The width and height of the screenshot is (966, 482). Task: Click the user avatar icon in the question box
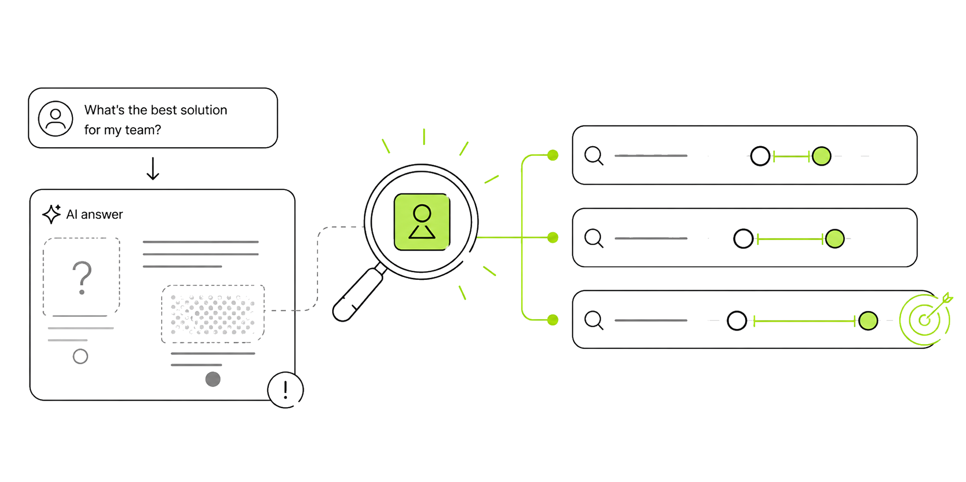(x=55, y=118)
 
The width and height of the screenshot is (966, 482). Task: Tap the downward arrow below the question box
(x=153, y=169)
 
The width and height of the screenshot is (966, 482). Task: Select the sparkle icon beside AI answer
(x=52, y=214)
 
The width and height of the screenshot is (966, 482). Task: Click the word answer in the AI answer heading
(x=102, y=215)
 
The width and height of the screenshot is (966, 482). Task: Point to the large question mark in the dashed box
(x=82, y=277)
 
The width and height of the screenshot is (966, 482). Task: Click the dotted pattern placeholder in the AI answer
(x=213, y=314)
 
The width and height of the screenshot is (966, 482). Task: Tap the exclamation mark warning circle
(x=285, y=390)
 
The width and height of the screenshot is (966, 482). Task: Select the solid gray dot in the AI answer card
(x=213, y=379)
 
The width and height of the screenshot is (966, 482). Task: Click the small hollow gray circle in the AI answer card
(x=81, y=356)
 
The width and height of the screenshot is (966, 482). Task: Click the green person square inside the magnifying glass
(x=422, y=222)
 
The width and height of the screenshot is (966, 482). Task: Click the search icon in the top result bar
(x=594, y=155)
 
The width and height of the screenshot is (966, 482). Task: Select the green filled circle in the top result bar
(x=821, y=156)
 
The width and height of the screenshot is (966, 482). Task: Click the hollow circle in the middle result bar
(x=743, y=239)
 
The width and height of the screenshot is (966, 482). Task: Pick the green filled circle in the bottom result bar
(x=868, y=321)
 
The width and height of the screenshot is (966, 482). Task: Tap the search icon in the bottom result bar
(x=594, y=320)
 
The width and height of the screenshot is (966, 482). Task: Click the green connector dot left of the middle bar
(x=553, y=237)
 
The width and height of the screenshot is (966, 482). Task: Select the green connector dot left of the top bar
(x=553, y=155)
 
